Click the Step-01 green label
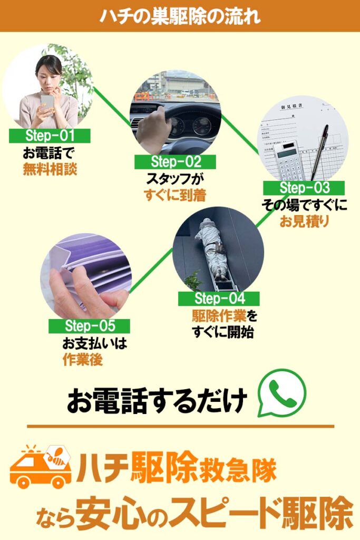[50, 136]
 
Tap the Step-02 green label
[175, 162]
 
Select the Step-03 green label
[304, 188]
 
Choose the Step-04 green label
[219, 298]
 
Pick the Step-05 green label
[89, 326]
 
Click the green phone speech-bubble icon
[282, 393]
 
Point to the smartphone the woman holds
[47, 102]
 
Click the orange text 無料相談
[50, 169]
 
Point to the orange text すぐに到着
[175, 195]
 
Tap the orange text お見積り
[304, 221]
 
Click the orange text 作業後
[83, 360]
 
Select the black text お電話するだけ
[157, 401]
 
